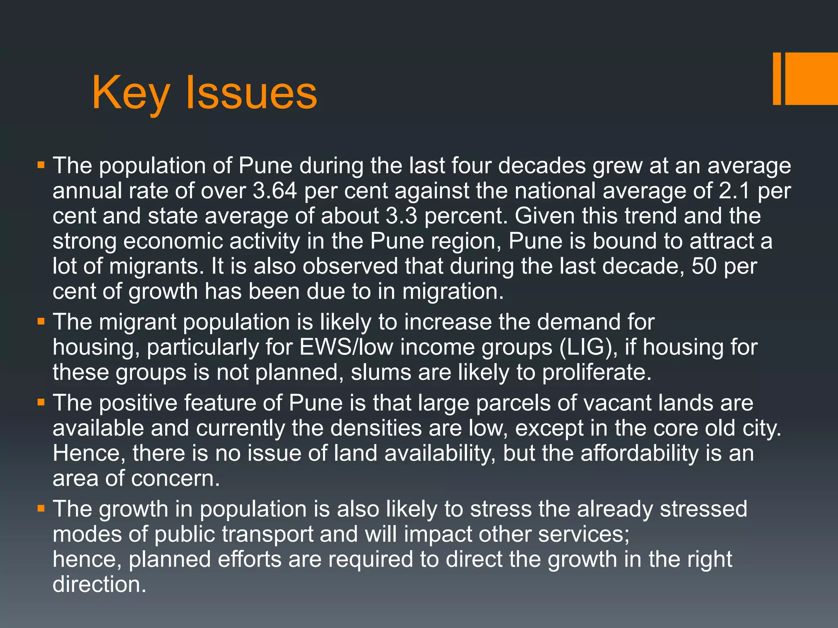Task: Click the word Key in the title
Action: coord(131,93)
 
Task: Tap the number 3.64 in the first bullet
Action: coord(275,191)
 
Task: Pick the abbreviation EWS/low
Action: coord(346,347)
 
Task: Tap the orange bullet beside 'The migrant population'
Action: coord(41,322)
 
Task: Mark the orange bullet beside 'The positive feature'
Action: coord(41,403)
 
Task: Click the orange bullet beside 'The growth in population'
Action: coord(41,509)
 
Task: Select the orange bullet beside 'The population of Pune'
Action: coord(41,166)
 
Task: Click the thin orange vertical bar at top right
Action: coord(777,78)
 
